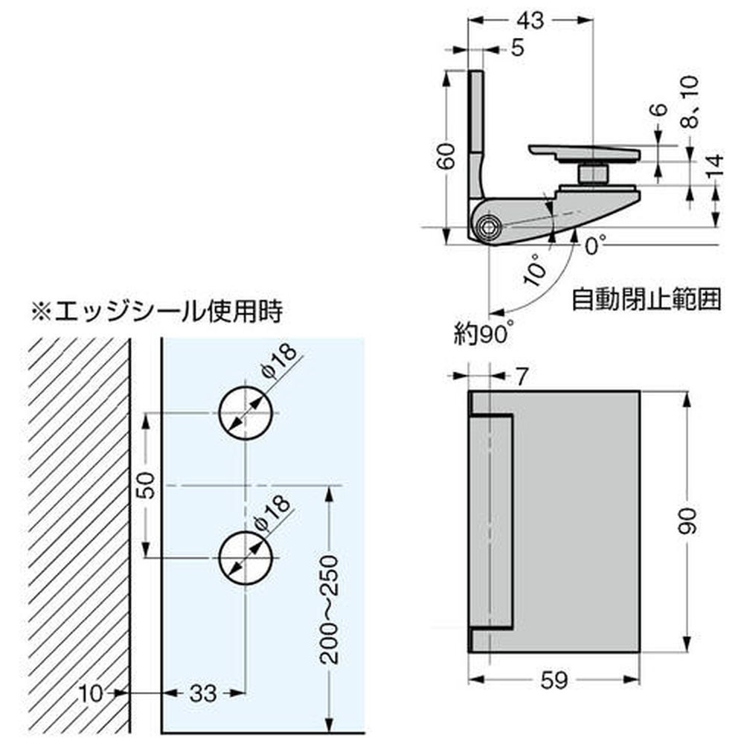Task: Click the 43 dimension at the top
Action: pos(530,22)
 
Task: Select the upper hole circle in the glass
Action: pos(246,413)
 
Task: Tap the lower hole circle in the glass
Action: pos(246,558)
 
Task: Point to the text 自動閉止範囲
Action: pos(647,301)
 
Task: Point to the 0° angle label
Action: pos(595,244)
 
